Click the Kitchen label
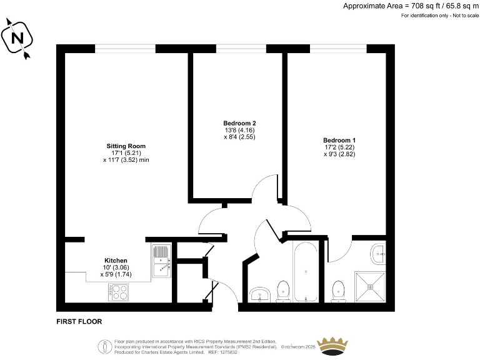116,260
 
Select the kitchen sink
161,261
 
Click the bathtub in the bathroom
306,271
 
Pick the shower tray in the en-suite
371,288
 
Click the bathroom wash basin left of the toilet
259,294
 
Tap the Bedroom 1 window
338,48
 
